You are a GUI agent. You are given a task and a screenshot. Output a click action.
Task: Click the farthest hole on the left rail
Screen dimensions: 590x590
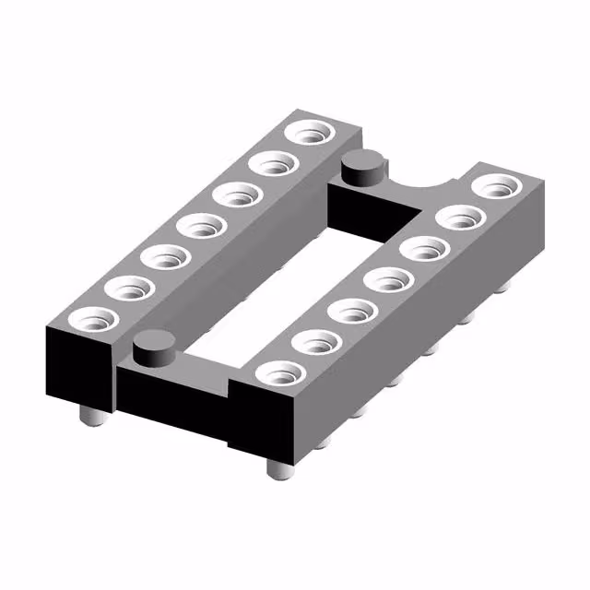311,133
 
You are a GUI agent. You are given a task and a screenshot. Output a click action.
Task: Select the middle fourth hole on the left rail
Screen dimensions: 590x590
200,225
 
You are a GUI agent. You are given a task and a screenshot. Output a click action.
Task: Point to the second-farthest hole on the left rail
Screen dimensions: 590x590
273,164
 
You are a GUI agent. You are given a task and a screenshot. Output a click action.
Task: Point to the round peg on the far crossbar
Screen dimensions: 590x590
362,166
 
